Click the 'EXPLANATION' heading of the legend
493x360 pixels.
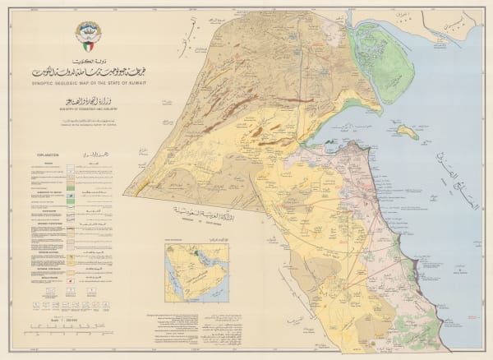47,154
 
